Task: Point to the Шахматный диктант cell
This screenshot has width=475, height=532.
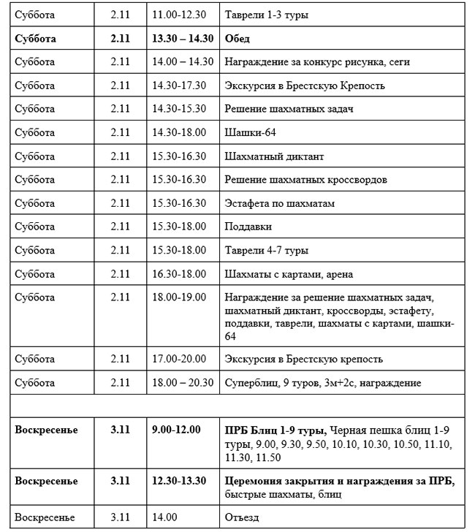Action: click(274, 156)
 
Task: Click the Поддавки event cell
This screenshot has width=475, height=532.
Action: click(249, 227)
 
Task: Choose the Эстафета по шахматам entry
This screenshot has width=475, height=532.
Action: click(280, 203)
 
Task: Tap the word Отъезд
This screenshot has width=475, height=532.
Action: click(243, 517)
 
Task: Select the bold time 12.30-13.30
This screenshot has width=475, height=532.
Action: click(179, 481)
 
